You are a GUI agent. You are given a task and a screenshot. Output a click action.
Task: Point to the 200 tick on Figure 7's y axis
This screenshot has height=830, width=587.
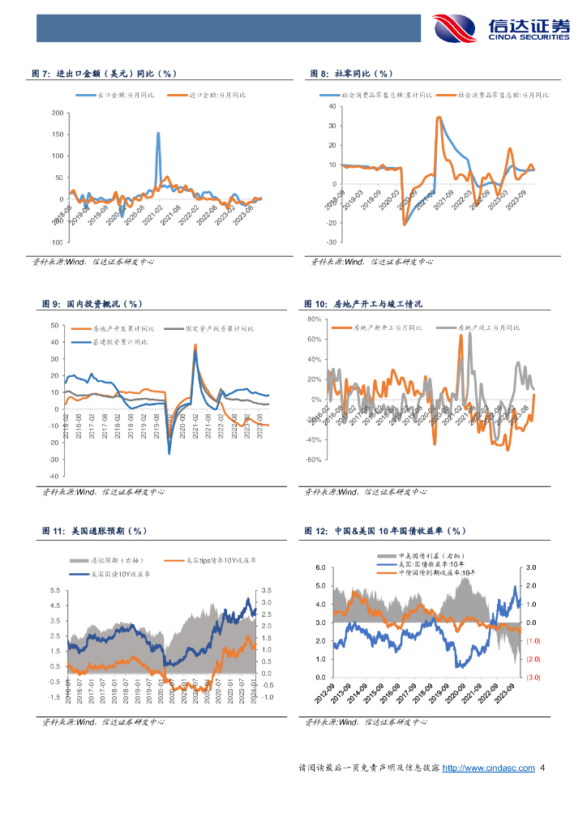point(57,113)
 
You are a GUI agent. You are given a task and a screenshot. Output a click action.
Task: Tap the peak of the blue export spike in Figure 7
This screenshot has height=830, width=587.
point(158,133)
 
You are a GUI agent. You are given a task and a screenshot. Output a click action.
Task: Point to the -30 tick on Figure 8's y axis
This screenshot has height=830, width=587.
point(331,242)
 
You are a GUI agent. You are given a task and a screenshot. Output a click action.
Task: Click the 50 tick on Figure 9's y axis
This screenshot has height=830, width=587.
point(54,326)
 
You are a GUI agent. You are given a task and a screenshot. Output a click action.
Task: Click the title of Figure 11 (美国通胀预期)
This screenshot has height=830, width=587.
point(93,531)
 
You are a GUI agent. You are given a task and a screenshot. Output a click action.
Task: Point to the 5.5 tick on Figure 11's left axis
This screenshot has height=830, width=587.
point(54,590)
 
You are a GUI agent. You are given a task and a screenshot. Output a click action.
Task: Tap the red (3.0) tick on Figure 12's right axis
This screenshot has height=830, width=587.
point(533,677)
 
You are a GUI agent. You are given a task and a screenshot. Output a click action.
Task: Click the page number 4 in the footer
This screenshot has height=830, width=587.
point(542,768)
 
